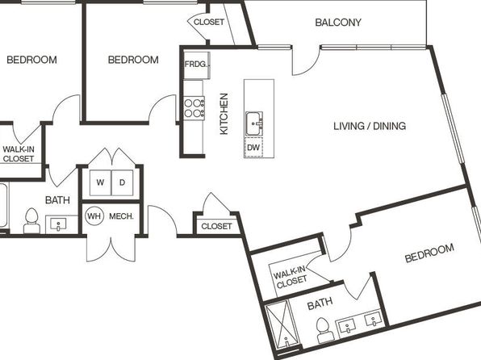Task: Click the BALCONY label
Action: pos(338,23)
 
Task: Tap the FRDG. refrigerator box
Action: pos(197,65)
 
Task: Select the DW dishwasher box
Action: pos(253,148)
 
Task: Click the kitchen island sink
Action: pos(254,123)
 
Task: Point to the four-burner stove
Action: pos(194,108)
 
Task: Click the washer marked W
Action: pos(100,182)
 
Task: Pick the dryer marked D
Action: pos(123,182)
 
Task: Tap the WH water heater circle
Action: pos(94,216)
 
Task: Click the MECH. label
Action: pos(122,216)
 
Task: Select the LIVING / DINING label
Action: pos(370,126)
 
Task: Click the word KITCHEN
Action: pos(224,114)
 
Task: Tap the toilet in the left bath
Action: pos(31,221)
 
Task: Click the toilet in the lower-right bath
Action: pos(324,330)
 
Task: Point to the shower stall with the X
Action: pos(282,325)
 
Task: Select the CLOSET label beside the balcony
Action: pos(208,22)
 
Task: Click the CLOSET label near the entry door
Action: pos(216,227)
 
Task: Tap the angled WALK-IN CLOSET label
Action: pos(291,277)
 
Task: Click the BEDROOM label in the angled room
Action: pos(429,253)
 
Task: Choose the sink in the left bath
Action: pos(58,224)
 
